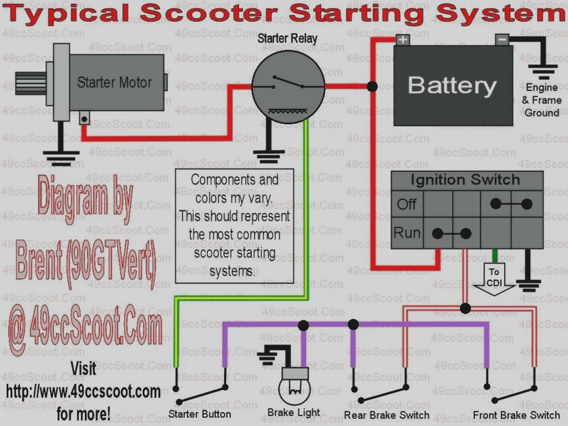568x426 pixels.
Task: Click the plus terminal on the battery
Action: [402, 40]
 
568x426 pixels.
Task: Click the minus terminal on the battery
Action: [502, 40]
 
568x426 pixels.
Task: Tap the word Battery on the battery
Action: [452, 85]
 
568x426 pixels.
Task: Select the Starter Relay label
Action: [287, 39]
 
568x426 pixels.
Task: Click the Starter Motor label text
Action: [114, 83]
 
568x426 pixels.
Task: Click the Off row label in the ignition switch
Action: [406, 204]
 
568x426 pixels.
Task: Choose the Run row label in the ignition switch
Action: [407, 233]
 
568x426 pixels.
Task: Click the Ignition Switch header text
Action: [465, 180]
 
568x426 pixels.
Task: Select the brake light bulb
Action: [294, 386]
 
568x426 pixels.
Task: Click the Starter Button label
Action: [199, 414]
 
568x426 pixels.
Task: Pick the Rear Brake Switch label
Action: [387, 415]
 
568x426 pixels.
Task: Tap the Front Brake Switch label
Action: [516, 415]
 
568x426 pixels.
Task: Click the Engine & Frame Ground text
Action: [542, 100]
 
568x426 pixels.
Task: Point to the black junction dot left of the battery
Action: [372, 86]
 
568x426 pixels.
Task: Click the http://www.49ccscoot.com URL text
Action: [83, 391]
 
